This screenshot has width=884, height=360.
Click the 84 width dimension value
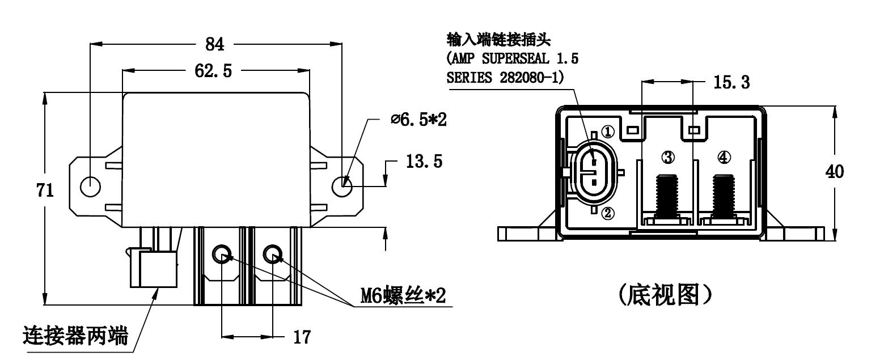point(214,44)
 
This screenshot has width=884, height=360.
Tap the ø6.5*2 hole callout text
point(419,120)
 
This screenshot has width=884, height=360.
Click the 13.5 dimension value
point(424,162)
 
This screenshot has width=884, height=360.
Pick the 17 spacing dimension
point(302,338)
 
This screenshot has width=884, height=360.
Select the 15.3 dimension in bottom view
point(731,83)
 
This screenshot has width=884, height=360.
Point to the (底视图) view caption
point(665,295)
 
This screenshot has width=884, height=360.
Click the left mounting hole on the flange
point(90,186)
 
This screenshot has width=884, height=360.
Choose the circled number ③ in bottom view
point(669,157)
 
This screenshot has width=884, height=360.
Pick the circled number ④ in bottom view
point(724,157)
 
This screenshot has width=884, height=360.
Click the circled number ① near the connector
point(608,132)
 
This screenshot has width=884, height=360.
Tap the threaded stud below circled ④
point(724,196)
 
